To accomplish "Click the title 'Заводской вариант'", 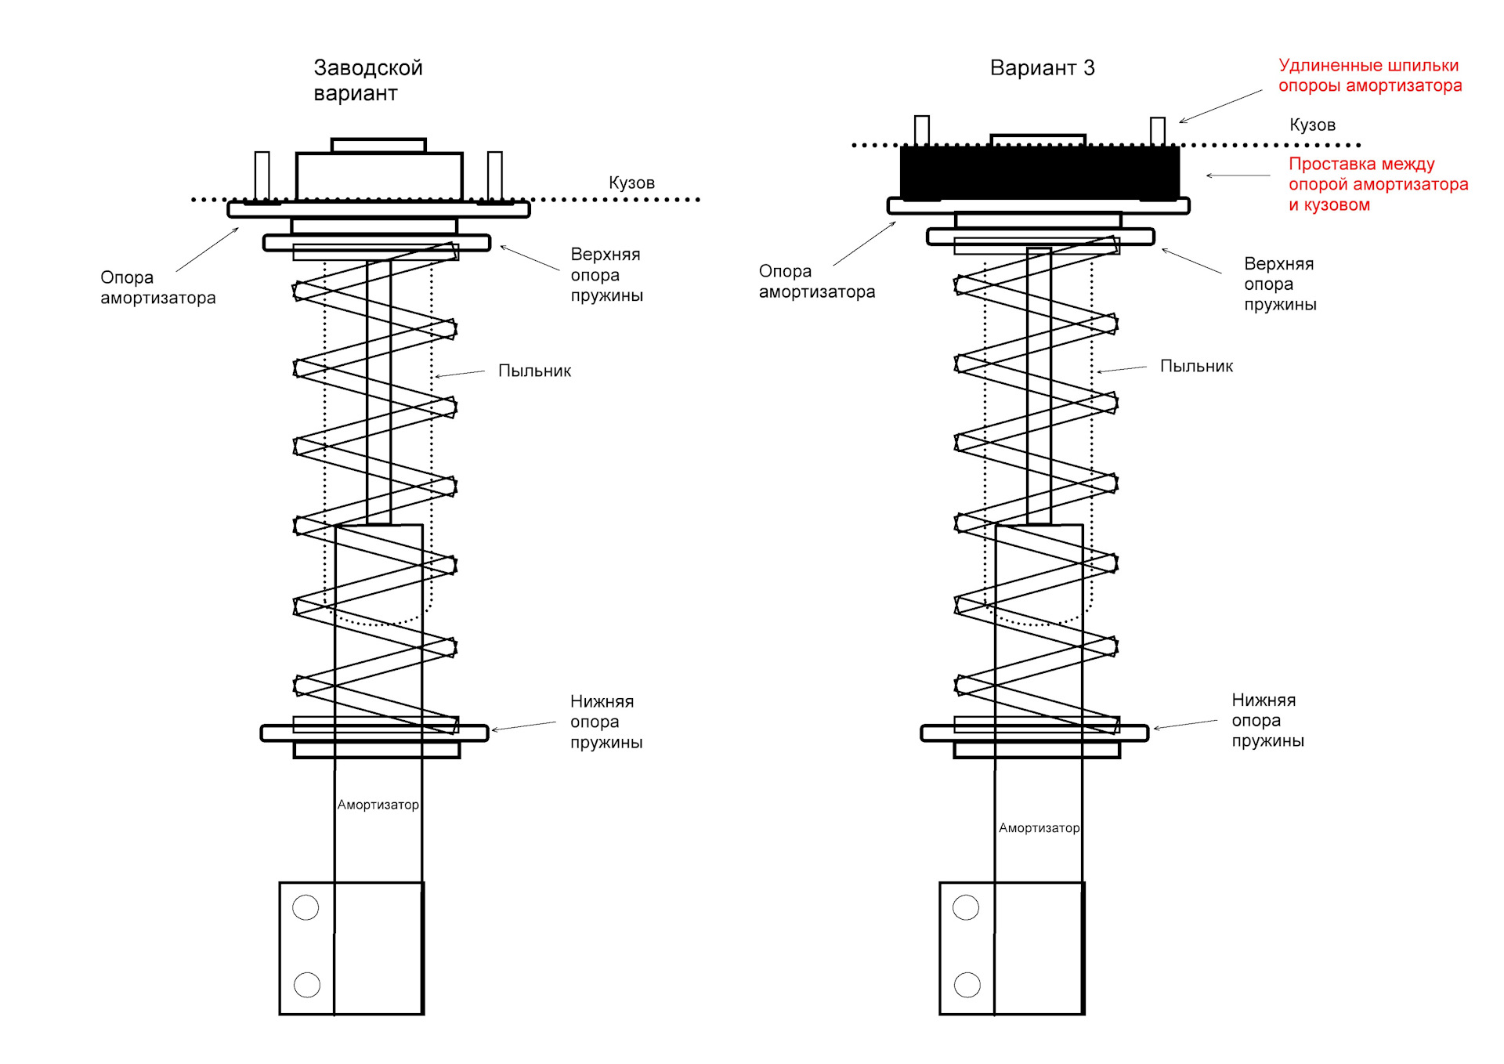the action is [368, 80].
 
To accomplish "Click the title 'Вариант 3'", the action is [1042, 68].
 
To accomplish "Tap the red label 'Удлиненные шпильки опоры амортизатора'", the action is [1370, 75].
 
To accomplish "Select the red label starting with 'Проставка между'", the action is [1378, 184].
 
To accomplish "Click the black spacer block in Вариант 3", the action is [1039, 172].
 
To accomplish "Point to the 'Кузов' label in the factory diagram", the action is [631, 183].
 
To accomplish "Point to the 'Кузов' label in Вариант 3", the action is [1312, 125].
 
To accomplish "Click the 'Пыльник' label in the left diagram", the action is [534, 371].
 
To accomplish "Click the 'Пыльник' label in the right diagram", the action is [1196, 366].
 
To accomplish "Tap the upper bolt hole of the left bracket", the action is [305, 907].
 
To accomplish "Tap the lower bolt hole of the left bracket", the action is [306, 984].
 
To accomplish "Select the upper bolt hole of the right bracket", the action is [966, 907].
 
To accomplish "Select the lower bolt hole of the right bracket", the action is [967, 984].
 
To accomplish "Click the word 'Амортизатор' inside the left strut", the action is [378, 805].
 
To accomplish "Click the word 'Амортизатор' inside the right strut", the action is [1039, 828].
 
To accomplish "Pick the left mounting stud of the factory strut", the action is [262, 176].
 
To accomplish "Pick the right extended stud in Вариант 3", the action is [1158, 132].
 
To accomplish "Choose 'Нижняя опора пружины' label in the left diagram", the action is [606, 722].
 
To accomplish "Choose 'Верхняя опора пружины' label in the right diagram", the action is [1280, 284].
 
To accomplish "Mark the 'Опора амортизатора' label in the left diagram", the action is [157, 288].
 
